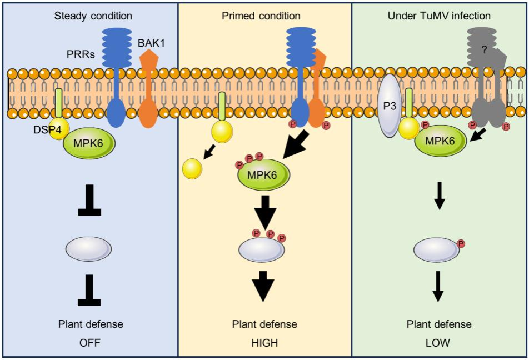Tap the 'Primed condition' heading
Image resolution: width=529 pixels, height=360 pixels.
pos(264,16)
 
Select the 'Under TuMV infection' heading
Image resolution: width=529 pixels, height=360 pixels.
pos(439,16)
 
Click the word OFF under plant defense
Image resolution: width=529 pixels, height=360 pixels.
pos(89,343)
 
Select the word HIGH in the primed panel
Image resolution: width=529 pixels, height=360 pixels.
pos(264,343)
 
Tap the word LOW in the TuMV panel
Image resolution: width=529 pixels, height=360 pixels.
pos(439,343)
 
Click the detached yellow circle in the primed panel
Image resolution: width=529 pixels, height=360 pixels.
pos(193,168)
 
